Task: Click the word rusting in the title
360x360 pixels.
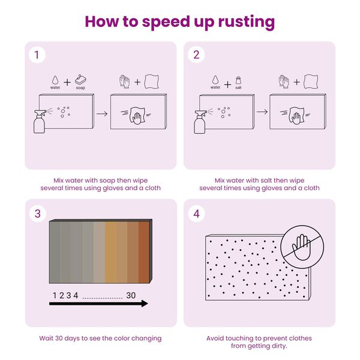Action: [247, 22]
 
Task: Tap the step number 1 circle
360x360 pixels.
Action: [37, 55]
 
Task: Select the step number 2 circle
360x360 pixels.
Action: [196, 55]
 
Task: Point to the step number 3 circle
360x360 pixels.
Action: [38, 214]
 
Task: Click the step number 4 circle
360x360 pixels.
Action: [196, 214]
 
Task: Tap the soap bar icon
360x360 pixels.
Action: [80, 79]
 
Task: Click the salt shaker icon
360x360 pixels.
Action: [239, 80]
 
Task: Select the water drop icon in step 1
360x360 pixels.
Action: [55, 80]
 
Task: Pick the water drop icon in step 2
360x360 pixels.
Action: [215, 80]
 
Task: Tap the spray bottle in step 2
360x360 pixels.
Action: [200, 122]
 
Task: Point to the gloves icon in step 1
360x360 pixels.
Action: [125, 82]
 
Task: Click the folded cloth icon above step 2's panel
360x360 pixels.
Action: [311, 82]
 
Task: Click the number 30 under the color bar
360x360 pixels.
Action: [131, 295]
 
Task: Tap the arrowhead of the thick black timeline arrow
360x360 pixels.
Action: [145, 304]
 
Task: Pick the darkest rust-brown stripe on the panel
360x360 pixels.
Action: [144, 252]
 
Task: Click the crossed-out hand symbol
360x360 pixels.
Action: [302, 247]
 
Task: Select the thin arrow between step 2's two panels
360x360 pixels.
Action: [262, 112]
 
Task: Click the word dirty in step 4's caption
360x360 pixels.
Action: [279, 346]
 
